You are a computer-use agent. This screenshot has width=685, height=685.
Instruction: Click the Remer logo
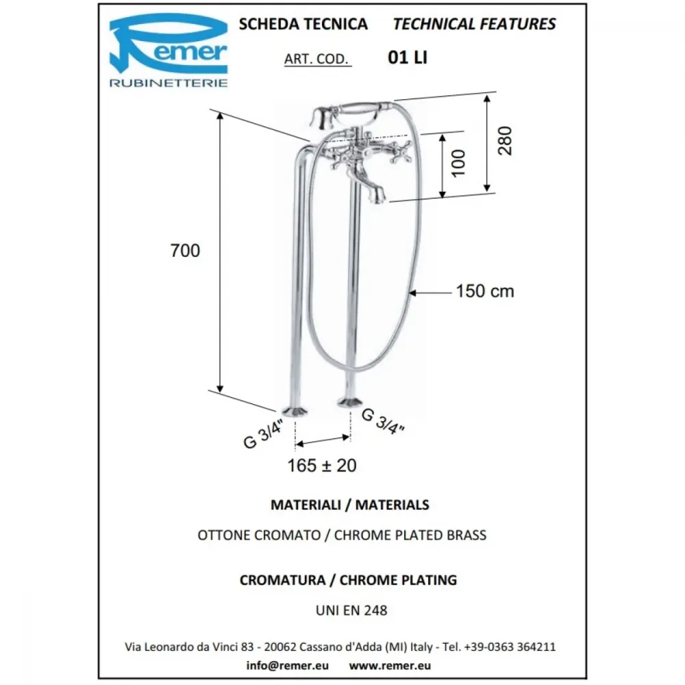click(x=169, y=50)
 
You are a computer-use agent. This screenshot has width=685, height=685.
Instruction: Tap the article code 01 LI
click(x=408, y=58)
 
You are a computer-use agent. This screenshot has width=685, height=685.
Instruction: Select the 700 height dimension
click(x=185, y=251)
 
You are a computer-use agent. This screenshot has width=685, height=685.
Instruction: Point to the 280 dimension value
click(x=505, y=140)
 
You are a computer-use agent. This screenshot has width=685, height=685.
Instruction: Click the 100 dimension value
click(x=458, y=163)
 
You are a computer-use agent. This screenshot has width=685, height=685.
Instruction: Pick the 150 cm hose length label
click(x=485, y=291)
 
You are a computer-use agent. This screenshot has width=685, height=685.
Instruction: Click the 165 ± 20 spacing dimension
click(x=322, y=466)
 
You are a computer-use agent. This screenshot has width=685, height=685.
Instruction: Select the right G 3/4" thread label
click(x=383, y=421)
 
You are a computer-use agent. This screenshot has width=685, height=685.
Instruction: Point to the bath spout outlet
click(x=377, y=197)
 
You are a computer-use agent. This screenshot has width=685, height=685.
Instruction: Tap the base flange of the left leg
click(x=294, y=410)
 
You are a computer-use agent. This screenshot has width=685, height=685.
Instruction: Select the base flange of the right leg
click(x=349, y=402)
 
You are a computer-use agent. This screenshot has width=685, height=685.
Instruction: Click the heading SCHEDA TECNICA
click(x=303, y=24)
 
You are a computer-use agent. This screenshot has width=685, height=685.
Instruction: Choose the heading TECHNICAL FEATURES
click(x=475, y=24)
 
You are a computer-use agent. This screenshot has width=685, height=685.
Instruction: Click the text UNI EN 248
click(x=351, y=610)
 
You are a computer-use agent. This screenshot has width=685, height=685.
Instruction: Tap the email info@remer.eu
click(x=288, y=665)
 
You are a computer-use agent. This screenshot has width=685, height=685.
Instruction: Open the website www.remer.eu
click(x=390, y=665)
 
